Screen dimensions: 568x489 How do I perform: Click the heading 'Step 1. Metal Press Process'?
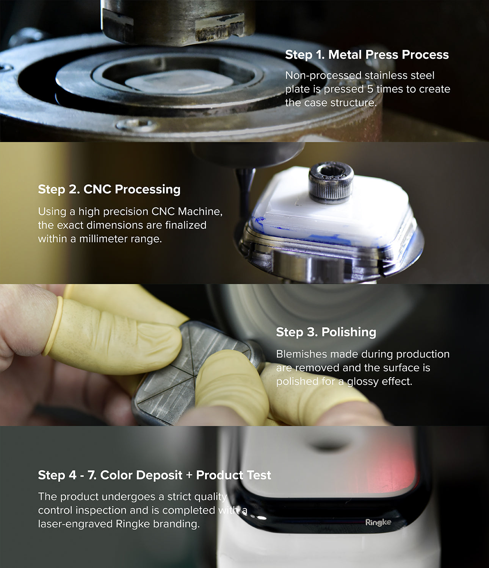coord(367,55)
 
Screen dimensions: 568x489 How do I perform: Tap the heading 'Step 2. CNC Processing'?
coord(109,189)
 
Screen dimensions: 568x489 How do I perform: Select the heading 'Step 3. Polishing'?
coord(326,332)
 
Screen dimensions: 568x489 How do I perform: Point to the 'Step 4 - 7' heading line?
coord(154,475)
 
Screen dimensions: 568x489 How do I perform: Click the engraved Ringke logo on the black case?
coord(378,522)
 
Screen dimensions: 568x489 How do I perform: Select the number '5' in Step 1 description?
coord(370,89)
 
